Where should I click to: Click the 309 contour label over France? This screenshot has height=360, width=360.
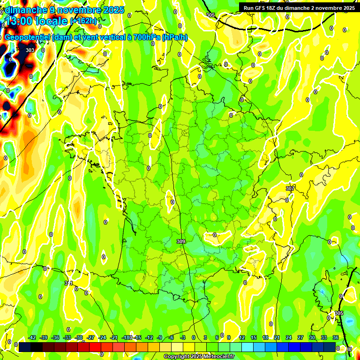click(181, 241)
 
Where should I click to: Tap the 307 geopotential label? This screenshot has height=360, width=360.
click(290, 188)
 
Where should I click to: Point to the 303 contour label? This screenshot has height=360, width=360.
click(30, 50)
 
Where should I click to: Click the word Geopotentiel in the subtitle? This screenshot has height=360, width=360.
click(26, 37)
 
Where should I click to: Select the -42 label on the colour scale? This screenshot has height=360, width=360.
click(32, 337)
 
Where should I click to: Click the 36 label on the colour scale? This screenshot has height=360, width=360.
click(336, 337)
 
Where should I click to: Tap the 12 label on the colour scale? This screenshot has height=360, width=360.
click(242, 337)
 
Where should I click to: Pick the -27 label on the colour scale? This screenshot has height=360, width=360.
click(90, 337)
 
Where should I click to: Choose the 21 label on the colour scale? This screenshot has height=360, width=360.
click(277, 337)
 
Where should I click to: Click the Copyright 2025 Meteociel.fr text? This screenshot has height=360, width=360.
click(199, 357)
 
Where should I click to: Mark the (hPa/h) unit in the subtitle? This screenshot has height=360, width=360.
click(174, 37)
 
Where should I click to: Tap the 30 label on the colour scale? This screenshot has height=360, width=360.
click(312, 337)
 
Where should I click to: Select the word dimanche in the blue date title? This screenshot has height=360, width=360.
click(24, 10)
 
